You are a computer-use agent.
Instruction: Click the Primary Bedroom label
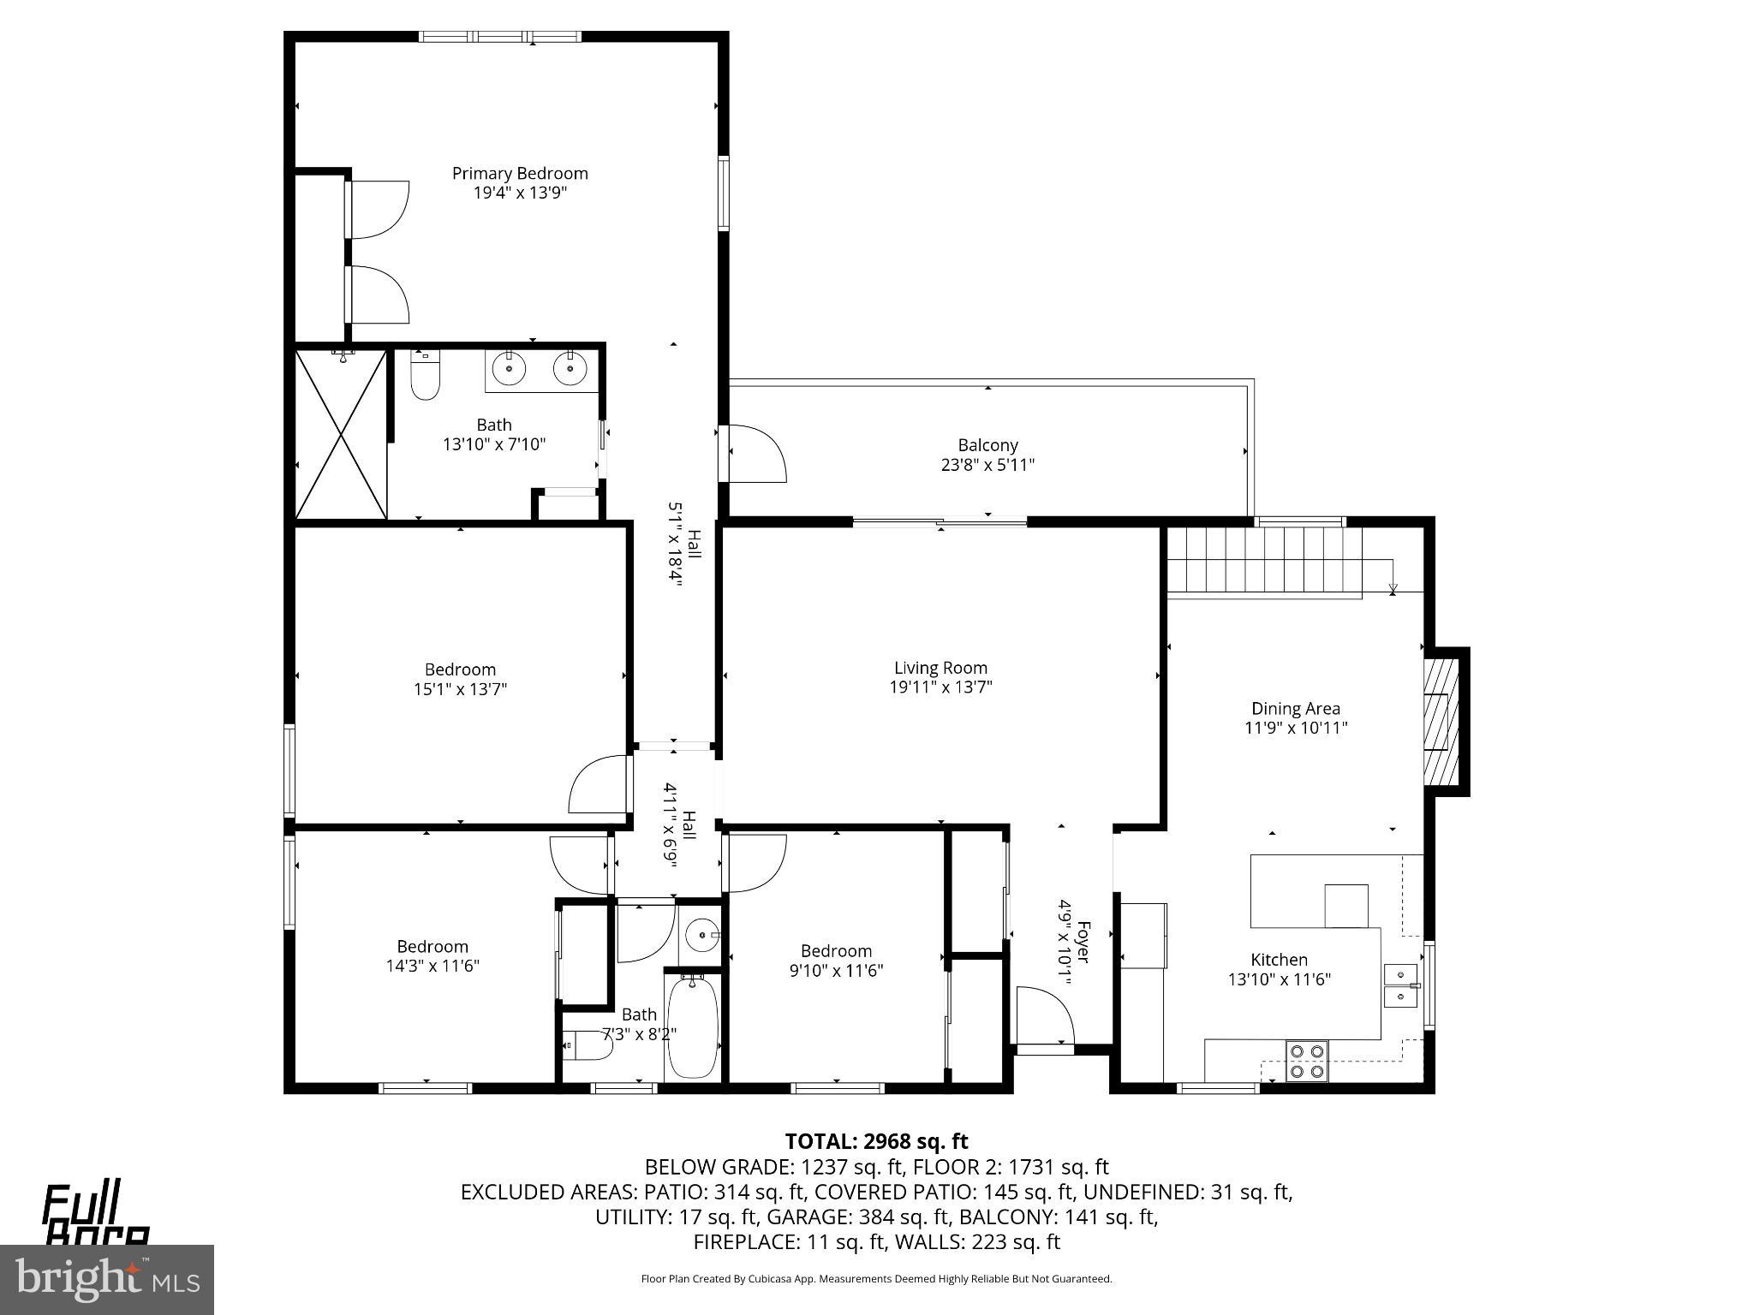pos(520,174)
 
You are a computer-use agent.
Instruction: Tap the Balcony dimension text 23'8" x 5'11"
pos(987,465)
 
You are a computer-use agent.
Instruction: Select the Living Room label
pos(940,668)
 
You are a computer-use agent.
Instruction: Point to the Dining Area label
pos(1296,709)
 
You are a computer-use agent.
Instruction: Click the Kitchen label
pos(1279,960)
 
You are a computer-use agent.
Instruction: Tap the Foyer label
pos(1083,942)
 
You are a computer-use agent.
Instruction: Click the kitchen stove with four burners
pos(1307,1061)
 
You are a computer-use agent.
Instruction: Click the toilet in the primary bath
pos(425,377)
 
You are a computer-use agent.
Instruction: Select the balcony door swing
pos(755,452)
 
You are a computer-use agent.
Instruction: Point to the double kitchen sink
pos(1400,986)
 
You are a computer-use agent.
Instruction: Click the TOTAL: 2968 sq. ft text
pos(876,1141)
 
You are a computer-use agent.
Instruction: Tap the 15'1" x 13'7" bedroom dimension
pos(460,689)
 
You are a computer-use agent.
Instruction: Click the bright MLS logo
pos(106,1279)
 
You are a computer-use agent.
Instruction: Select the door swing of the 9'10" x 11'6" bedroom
pos(755,863)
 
